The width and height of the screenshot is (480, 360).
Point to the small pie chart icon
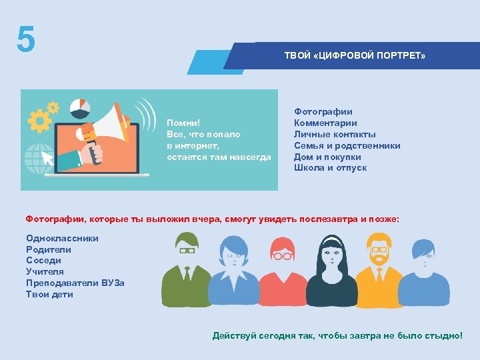[80, 106]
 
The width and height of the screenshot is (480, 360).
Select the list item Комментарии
[325, 123]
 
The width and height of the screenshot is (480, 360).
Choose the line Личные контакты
[335, 134]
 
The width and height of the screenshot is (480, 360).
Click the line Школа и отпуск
[330, 168]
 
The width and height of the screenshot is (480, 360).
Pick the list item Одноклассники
[62, 238]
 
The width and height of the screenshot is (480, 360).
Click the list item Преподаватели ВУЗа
[75, 283]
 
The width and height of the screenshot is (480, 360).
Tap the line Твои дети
[49, 294]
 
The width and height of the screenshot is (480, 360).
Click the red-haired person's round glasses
[283, 255]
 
